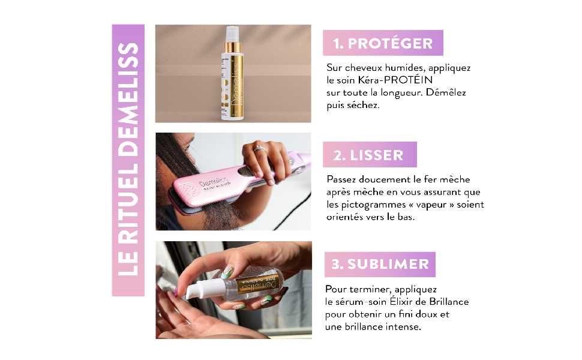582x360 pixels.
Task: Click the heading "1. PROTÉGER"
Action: (383, 43)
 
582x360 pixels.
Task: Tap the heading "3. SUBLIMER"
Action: (380, 264)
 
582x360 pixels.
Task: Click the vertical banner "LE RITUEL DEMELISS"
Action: (128, 160)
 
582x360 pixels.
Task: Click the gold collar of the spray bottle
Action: (233, 47)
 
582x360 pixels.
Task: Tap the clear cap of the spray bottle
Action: (232, 34)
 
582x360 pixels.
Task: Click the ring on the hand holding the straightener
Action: (259, 149)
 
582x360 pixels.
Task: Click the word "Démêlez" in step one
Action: (446, 92)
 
